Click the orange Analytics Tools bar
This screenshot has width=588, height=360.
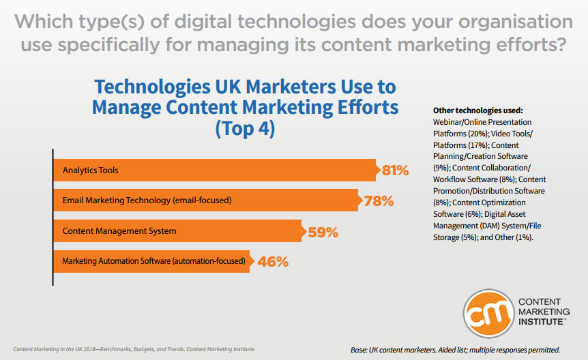pos(214,170)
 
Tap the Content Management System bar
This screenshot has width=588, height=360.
pos(177,231)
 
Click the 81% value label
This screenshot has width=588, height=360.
pos(395,170)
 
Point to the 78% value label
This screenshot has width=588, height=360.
pos(377,201)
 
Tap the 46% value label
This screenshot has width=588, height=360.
pos(271,262)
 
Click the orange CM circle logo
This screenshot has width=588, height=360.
pos(488,311)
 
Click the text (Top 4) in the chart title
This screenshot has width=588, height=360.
pos(245,128)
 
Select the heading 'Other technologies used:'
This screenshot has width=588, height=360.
pos(477,110)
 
